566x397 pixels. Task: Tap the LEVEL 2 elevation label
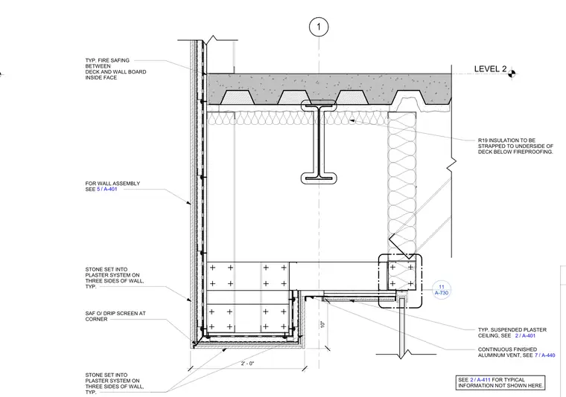click(x=490, y=69)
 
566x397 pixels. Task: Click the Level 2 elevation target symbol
click(x=512, y=74)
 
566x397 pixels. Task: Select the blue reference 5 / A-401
click(x=107, y=189)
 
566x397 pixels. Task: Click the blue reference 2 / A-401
click(x=525, y=336)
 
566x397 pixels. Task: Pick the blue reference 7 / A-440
click(x=545, y=355)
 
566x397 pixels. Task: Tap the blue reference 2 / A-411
click(x=480, y=380)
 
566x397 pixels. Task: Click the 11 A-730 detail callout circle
click(x=442, y=290)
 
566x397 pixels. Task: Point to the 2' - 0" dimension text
click(x=247, y=364)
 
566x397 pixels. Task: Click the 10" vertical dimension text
click(x=322, y=324)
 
